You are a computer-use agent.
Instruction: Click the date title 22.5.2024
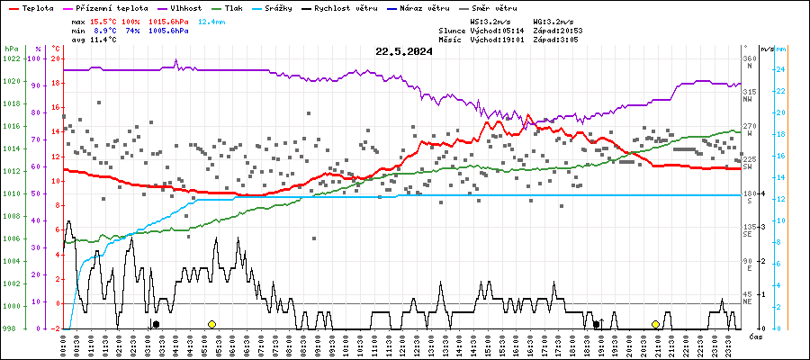pos(404,51)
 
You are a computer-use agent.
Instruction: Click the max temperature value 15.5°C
pos(104,20)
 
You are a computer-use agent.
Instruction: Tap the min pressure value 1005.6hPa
pos(168,31)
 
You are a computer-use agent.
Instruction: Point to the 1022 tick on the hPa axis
pos(11,58)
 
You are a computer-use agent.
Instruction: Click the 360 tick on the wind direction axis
pos(749,58)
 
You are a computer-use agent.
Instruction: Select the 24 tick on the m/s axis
pos(782,69)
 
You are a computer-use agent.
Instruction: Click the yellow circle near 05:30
pos(211,324)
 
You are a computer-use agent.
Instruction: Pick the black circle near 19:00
pos(596,324)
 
